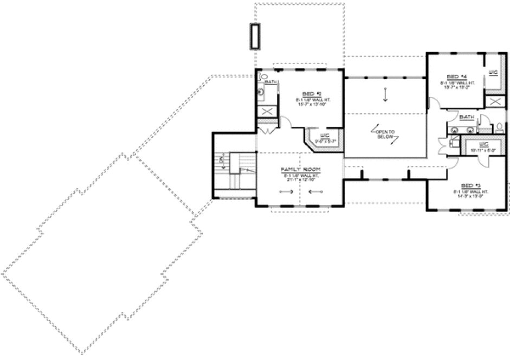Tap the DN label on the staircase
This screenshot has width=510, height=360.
click(x=221, y=159)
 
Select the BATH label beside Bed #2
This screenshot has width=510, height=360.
click(x=271, y=82)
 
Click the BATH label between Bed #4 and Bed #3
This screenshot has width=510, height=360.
click(x=466, y=117)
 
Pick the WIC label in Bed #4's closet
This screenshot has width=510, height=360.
click(x=493, y=72)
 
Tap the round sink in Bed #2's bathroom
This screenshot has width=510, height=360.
click(x=261, y=92)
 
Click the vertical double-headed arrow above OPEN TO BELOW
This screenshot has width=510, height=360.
click(x=385, y=93)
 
